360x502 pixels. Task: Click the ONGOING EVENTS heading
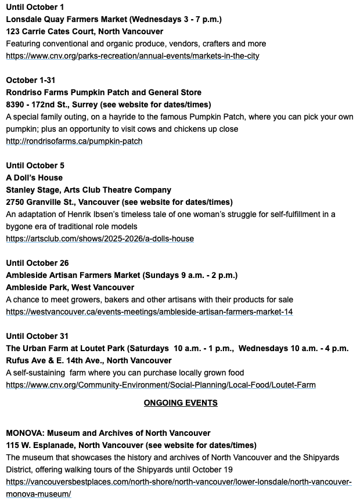pyautogui.click(x=181, y=403)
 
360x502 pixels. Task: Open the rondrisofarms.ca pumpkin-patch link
pyautogui.click(x=74, y=141)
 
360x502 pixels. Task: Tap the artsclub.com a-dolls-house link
pyautogui.click(x=100, y=239)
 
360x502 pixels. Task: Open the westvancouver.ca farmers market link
pyautogui.click(x=149, y=312)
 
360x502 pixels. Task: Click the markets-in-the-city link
pyautogui.click(x=132, y=56)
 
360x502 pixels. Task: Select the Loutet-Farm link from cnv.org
pyautogui.click(x=161, y=385)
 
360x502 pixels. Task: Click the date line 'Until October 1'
pyautogui.click(x=35, y=7)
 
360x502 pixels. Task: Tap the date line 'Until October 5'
pyautogui.click(x=35, y=165)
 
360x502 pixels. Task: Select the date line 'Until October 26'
pyautogui.click(x=37, y=263)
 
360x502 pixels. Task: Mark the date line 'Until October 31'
pyautogui.click(x=37, y=336)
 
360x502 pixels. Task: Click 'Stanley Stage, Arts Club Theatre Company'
pyautogui.click(x=88, y=190)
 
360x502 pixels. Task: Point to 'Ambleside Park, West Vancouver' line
pyautogui.click(x=70, y=287)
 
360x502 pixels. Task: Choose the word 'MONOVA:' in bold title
pyautogui.click(x=25, y=433)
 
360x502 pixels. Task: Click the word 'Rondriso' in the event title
pyautogui.click(x=24, y=92)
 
